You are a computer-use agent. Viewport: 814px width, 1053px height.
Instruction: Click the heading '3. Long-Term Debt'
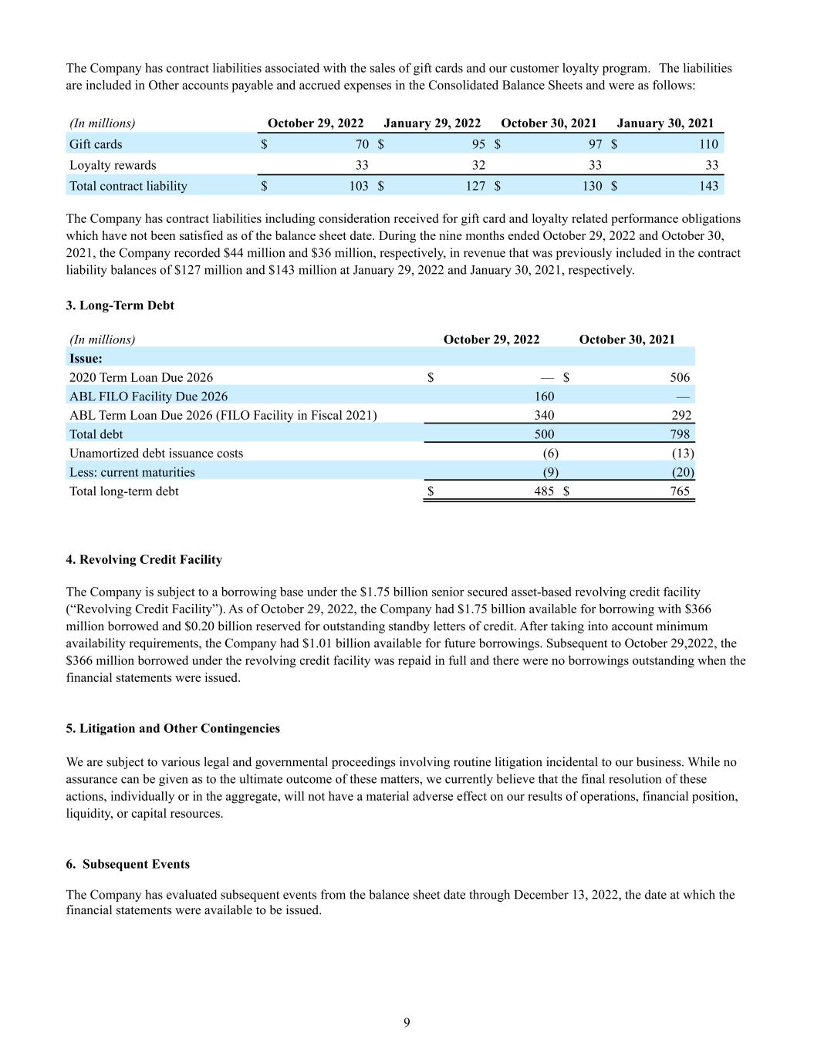point(120,305)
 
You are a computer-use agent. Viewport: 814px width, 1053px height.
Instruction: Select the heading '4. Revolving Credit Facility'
point(144,559)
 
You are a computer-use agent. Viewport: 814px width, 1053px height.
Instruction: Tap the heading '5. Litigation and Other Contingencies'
point(173,728)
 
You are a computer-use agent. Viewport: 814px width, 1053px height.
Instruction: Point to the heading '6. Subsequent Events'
point(128,864)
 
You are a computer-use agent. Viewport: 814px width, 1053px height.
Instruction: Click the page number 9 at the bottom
point(407,1023)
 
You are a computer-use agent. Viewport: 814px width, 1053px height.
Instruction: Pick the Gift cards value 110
point(708,144)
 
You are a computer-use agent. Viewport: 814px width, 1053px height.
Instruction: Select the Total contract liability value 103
point(359,186)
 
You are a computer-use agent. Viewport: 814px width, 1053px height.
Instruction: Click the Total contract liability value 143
point(708,186)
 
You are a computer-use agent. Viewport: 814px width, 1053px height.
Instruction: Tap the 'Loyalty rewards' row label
point(113,165)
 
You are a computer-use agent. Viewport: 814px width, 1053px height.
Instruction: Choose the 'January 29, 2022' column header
point(432,123)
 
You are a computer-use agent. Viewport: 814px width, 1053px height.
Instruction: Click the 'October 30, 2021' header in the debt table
point(627,339)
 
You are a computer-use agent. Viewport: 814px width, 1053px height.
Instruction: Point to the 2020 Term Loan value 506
point(680,377)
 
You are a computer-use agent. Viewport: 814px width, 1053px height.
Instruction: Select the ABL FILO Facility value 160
point(544,397)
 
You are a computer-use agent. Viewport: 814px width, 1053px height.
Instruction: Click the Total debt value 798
point(680,434)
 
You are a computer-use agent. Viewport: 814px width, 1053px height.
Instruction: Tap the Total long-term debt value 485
point(544,491)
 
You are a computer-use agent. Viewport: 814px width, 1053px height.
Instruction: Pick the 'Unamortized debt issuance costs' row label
point(156,454)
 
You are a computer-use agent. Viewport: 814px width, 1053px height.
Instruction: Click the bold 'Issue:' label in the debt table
point(86,359)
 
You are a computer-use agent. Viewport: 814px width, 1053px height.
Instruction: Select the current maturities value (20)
point(683,472)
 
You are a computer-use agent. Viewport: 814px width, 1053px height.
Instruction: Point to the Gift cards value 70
point(362,144)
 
